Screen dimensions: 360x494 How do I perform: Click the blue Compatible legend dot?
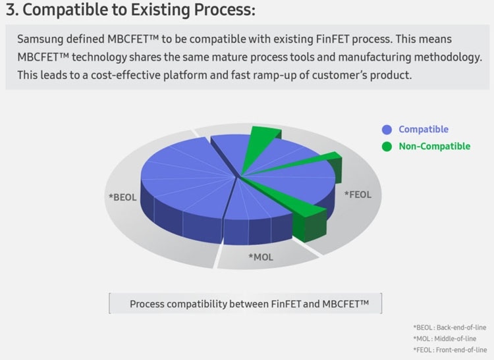(x=387, y=130)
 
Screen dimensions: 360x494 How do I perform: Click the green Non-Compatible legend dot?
(x=387, y=146)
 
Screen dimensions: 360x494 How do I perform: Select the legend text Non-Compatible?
(x=434, y=146)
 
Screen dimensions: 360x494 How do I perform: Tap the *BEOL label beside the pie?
(x=123, y=196)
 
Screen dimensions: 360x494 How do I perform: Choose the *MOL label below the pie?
(x=260, y=257)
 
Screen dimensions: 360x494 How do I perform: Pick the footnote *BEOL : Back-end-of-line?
(x=450, y=327)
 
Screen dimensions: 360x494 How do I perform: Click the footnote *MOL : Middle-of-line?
(x=449, y=338)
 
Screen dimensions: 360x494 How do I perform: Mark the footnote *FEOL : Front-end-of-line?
(x=450, y=349)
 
